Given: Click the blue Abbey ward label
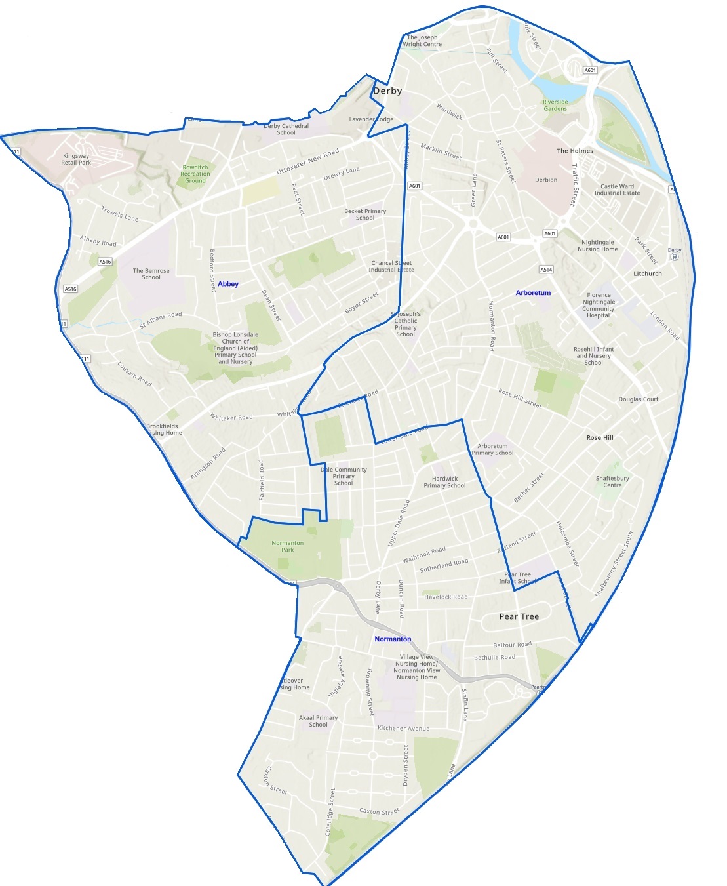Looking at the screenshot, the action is point(228,284).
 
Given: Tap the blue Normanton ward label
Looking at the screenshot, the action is point(393,639).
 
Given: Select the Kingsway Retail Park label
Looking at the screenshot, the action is point(76,159).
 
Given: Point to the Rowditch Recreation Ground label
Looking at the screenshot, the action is point(195,174).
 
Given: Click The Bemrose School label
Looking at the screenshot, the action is point(151,274).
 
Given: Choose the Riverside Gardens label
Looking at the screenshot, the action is point(555,105).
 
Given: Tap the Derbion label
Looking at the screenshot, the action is point(545,180).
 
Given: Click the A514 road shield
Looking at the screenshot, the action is point(545,270).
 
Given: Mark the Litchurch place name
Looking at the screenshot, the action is point(647,273).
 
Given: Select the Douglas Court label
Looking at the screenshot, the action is point(638,399).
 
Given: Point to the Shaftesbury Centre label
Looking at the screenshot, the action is point(612,481).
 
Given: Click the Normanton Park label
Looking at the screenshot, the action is point(287,546).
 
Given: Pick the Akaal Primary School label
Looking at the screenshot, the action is point(318,721).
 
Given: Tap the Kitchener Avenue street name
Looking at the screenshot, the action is point(403,728).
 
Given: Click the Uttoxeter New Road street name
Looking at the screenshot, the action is point(307,161).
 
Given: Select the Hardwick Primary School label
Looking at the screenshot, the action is point(444,482).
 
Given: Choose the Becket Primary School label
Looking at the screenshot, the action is point(364,214).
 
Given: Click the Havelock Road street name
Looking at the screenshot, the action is point(446,597).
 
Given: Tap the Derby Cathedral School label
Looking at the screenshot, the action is point(286,129).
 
